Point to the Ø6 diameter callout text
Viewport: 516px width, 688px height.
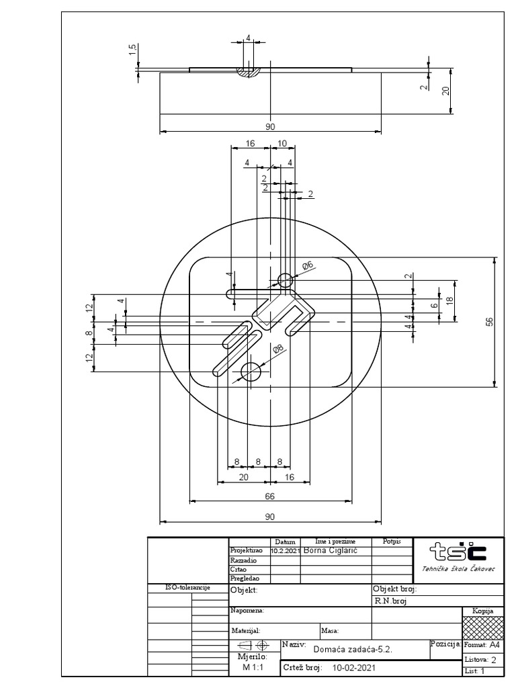[x=308, y=266]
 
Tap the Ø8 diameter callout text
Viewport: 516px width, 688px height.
[x=277, y=349]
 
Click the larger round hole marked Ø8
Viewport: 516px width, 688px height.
[x=251, y=371]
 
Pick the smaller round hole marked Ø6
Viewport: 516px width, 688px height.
[x=285, y=279]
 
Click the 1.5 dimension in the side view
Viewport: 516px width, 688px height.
[x=133, y=50]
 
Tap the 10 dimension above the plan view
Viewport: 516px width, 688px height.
[x=282, y=144]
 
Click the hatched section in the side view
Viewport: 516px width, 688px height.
[x=249, y=71]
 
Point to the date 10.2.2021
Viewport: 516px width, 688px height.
[x=286, y=550]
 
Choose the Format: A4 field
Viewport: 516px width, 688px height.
[x=482, y=644]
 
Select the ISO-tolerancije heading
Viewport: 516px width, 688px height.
[x=187, y=588]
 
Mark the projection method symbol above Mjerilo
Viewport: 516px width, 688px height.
[x=253, y=644]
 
